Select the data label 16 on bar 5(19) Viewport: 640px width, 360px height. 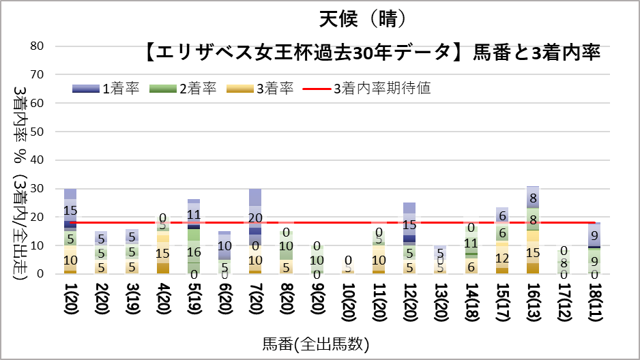(194, 252)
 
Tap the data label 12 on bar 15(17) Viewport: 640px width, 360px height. (502, 258)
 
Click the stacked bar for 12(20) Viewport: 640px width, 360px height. (409, 238)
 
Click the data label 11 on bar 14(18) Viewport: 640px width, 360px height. (471, 243)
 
